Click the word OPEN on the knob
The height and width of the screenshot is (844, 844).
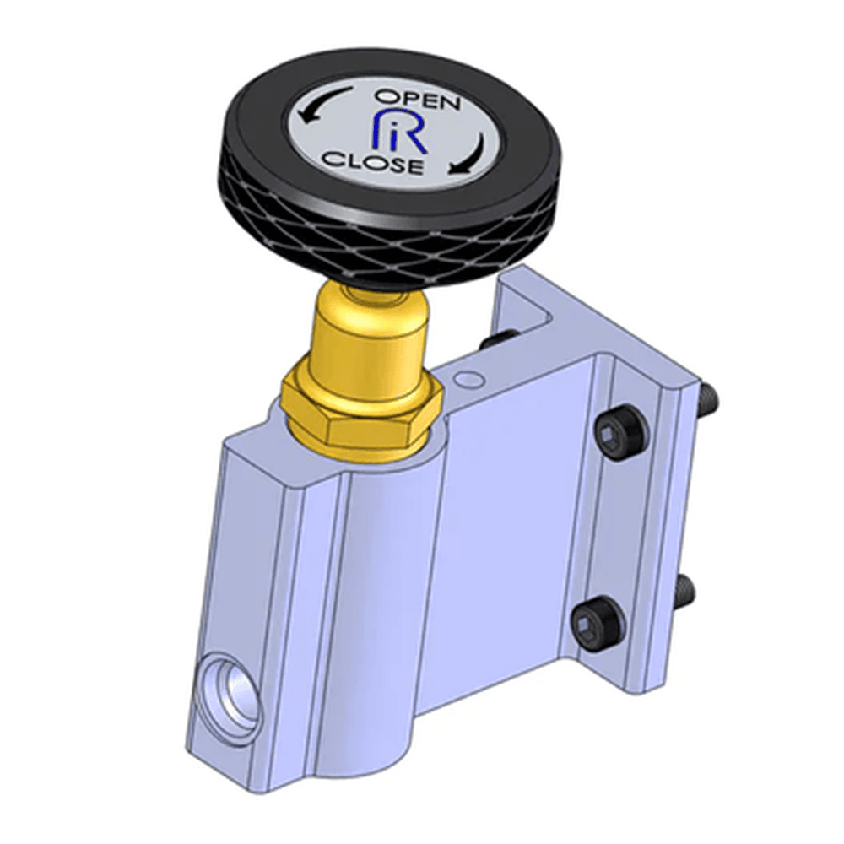(418, 100)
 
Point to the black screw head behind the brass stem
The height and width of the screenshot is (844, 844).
(498, 339)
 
